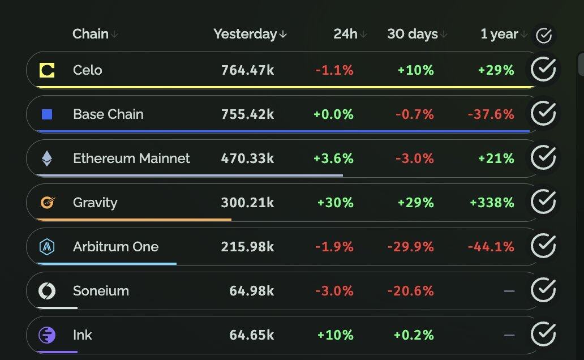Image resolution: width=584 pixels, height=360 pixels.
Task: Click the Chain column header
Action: [91, 34]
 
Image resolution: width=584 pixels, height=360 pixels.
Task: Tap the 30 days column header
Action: [413, 34]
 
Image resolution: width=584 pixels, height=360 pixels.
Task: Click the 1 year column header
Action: [499, 34]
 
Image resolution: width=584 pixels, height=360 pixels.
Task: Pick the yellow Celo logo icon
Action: [47, 70]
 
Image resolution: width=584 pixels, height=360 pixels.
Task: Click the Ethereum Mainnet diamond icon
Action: [47, 158]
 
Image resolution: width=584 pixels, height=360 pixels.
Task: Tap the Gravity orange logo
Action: [47, 202]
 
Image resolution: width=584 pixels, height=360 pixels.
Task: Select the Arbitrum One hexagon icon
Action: [47, 246]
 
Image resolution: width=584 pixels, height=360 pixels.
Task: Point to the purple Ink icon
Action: [47, 335]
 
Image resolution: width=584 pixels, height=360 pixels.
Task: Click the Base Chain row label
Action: [108, 114]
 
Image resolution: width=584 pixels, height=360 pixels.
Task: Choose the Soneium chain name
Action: [101, 291]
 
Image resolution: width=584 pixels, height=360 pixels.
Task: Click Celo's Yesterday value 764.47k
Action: [247, 70]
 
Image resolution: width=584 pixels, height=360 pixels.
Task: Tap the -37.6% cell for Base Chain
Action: [491, 114]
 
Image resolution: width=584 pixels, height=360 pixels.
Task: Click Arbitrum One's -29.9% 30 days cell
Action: [410, 247]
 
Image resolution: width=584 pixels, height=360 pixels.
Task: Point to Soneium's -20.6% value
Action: [410, 291]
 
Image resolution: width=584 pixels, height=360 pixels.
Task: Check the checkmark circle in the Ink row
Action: [543, 334]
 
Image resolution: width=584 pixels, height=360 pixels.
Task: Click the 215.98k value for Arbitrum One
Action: [247, 247]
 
